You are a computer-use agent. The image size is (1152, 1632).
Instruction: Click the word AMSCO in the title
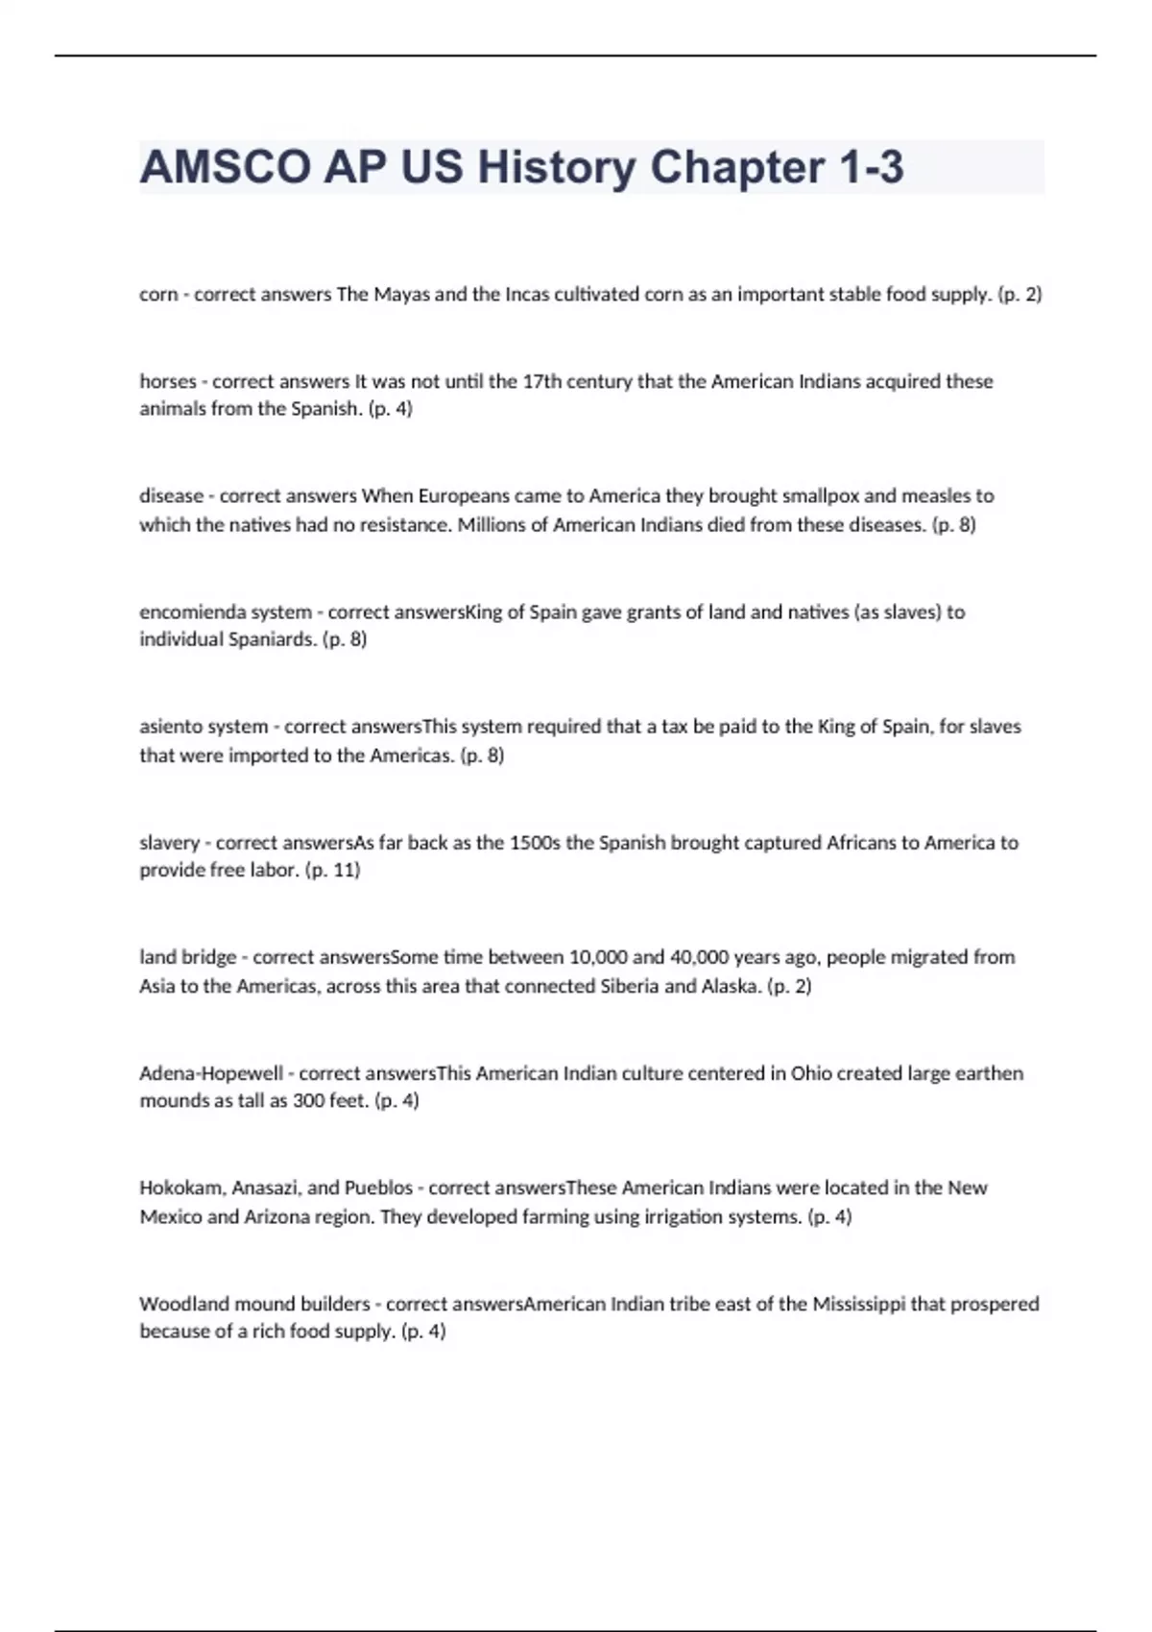pyautogui.click(x=224, y=167)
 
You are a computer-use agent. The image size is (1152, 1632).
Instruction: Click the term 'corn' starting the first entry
pyautogui.click(x=157, y=295)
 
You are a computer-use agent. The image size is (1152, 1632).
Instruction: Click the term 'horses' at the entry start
pyautogui.click(x=167, y=381)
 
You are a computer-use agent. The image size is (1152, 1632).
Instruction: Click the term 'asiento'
pyautogui.click(x=170, y=727)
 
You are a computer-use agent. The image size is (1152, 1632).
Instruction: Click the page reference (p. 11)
pyautogui.click(x=332, y=871)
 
